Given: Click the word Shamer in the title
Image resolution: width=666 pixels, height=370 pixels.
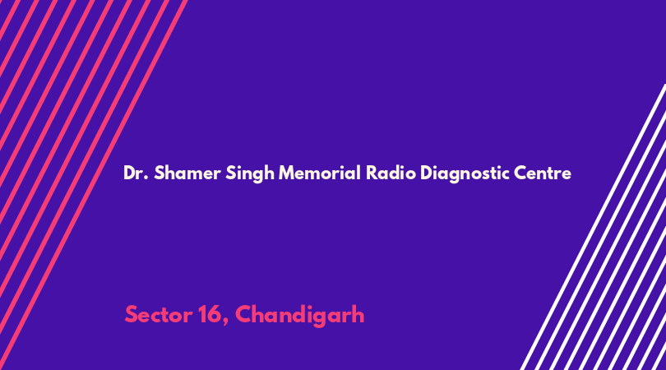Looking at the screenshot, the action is coord(187,173).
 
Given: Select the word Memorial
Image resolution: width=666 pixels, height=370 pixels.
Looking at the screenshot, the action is coord(319,173).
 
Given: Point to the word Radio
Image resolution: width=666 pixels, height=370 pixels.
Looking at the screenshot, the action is coord(391,173).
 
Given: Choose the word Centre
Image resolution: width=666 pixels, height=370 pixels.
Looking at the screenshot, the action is coord(543,173).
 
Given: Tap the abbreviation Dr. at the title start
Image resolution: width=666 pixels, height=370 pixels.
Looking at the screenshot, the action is coord(136,173).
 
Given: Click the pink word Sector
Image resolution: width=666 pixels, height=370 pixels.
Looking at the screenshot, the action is coord(159,315).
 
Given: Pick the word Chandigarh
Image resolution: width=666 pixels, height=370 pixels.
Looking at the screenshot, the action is coord(299,316).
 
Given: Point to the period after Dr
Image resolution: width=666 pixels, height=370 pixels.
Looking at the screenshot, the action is coord(146,179).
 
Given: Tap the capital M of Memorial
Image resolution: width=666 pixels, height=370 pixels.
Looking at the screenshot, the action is coord(288,173).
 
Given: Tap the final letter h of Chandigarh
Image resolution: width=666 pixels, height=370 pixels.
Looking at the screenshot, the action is coord(358,314).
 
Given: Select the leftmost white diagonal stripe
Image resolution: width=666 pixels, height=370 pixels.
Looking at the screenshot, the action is coord(593,227).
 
